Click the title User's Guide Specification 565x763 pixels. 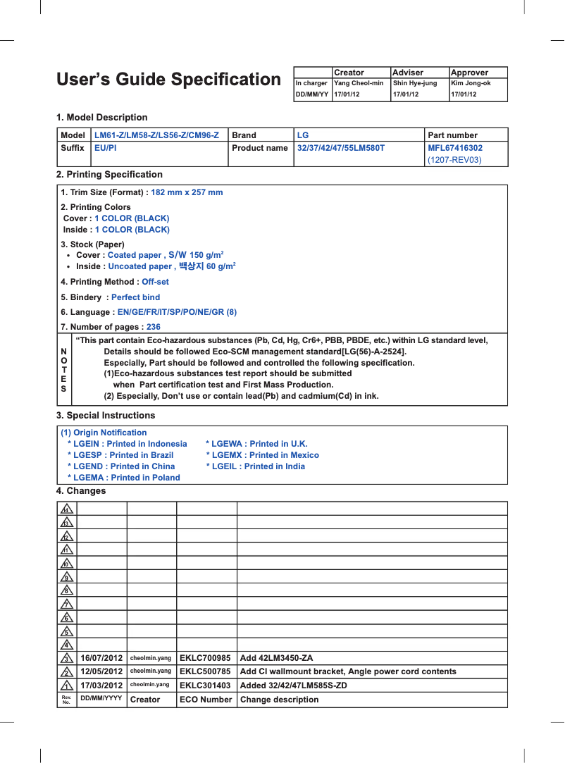168,80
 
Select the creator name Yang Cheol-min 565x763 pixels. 359,83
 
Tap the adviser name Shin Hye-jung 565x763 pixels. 415,83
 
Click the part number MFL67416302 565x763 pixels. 455,148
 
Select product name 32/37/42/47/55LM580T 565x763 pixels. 341,148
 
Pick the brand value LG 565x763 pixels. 303,135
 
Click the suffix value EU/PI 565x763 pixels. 106,148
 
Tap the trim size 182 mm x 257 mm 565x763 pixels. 187,192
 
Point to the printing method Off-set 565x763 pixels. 155,282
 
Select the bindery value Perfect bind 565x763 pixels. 135,297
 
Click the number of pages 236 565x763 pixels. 153,327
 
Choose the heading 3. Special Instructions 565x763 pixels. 106,416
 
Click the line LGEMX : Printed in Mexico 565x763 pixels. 263,455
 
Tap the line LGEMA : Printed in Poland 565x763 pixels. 124,478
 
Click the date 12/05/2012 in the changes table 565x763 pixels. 101,671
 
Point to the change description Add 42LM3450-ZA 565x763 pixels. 277,658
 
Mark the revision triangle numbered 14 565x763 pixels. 66,509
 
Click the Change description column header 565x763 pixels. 279,700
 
